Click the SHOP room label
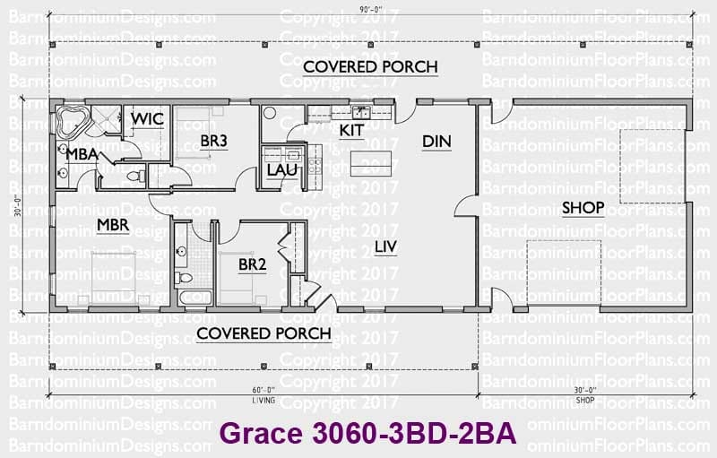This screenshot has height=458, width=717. [583, 208]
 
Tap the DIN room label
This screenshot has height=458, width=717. [436, 141]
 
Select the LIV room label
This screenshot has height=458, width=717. [386, 245]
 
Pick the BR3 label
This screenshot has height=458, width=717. [214, 141]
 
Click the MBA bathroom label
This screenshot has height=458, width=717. [82, 153]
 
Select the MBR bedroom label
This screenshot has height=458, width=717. [114, 227]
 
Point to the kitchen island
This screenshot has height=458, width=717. [370, 162]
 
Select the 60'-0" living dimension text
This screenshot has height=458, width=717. [263, 391]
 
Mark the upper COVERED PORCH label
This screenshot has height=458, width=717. [369, 67]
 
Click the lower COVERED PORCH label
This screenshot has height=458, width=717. [263, 333]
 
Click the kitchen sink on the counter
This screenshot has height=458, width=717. [361, 112]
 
